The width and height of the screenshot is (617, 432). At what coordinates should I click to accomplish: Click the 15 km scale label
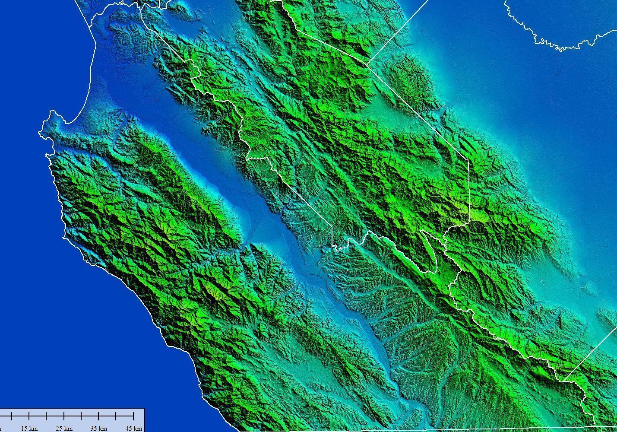click(29, 428)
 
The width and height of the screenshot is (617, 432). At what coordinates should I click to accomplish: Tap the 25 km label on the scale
click(64, 428)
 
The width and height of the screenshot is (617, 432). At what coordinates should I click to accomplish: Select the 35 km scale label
click(99, 428)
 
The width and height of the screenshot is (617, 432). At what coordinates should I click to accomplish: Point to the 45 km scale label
click(133, 428)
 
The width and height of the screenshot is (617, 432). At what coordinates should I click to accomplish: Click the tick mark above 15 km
click(29, 416)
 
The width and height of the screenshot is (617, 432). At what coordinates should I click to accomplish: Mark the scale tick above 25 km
click(64, 416)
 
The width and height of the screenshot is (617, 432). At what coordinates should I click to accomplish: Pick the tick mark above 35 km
click(99, 416)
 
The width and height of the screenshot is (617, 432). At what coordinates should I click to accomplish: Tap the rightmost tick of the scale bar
click(133, 416)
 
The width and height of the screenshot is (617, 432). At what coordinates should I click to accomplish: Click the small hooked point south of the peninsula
click(47, 154)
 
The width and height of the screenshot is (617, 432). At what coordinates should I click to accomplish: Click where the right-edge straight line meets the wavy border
click(562, 381)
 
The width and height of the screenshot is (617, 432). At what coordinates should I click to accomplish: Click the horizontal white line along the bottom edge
click(475, 430)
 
